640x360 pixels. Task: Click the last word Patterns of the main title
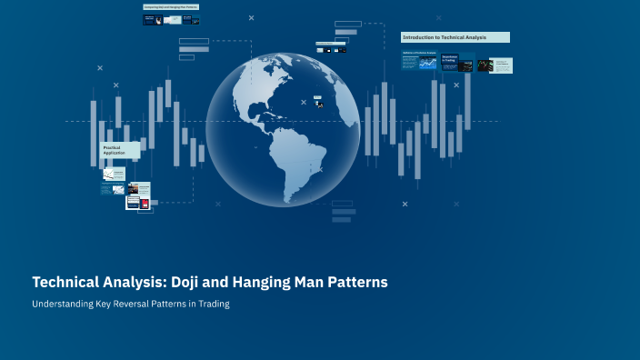tap(358, 283)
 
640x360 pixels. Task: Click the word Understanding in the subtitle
tap(62, 305)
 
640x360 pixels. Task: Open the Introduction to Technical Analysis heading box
tap(455, 37)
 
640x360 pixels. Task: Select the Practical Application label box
tap(120, 150)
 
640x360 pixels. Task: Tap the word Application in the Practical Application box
tap(115, 153)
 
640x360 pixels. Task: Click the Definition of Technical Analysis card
tap(419, 65)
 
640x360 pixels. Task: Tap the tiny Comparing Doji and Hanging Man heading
tap(171, 7)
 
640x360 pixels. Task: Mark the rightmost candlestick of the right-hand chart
tap(468, 100)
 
